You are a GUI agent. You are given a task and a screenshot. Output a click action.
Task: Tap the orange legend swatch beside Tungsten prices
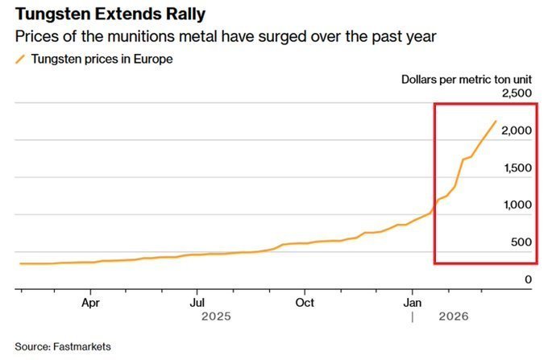click(19, 59)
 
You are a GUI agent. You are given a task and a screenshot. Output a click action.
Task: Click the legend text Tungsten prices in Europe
click(102, 59)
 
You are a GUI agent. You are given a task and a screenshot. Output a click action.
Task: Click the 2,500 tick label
click(517, 93)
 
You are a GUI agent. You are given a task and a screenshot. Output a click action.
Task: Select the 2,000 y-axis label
click(517, 130)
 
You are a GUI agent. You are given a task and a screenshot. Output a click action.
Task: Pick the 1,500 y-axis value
click(517, 168)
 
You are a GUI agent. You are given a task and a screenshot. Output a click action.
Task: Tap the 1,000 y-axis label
click(517, 205)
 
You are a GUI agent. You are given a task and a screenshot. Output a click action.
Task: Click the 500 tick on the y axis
click(522, 242)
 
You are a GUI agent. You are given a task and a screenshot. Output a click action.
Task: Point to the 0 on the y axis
click(528, 279)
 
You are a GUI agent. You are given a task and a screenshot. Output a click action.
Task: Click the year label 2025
click(215, 317)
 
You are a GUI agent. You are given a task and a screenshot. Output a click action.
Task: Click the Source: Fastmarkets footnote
click(63, 346)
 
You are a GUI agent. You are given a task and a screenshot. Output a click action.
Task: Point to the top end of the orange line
click(496, 121)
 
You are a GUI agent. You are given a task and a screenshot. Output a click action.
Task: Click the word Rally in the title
click(182, 15)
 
